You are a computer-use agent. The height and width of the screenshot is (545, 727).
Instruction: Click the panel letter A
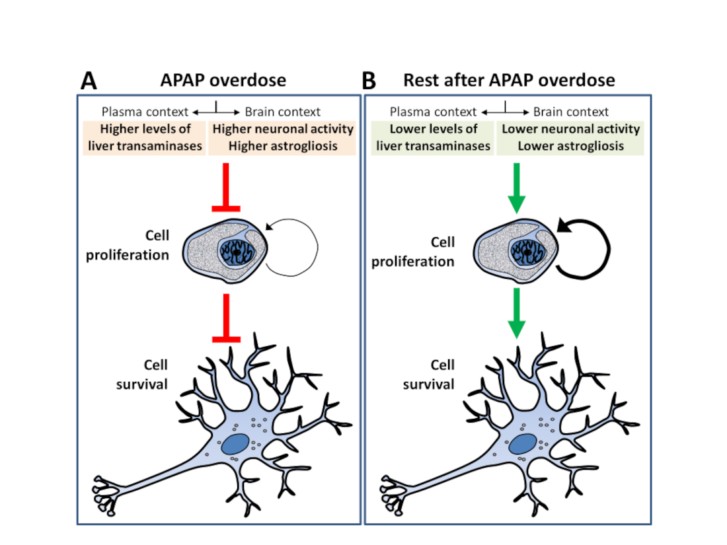pos(89,81)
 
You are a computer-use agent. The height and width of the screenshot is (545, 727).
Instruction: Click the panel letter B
pos(369,81)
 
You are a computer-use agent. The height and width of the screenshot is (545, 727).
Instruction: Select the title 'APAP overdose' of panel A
pos(223,80)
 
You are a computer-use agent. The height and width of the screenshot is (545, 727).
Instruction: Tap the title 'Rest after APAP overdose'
pos(509,80)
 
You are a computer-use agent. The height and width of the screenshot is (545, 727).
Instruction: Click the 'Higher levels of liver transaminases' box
pos(143,138)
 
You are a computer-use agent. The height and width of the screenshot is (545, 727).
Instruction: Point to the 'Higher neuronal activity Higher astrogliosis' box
pos(283,138)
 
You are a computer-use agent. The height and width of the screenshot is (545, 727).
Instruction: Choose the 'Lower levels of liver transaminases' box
pos(432,138)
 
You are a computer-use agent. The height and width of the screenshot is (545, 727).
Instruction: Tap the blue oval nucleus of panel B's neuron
pos(525,444)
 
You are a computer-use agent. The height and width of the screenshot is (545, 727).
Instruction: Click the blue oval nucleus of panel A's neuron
pos(235,444)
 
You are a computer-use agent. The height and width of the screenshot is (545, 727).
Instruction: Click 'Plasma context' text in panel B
pos(432,112)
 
